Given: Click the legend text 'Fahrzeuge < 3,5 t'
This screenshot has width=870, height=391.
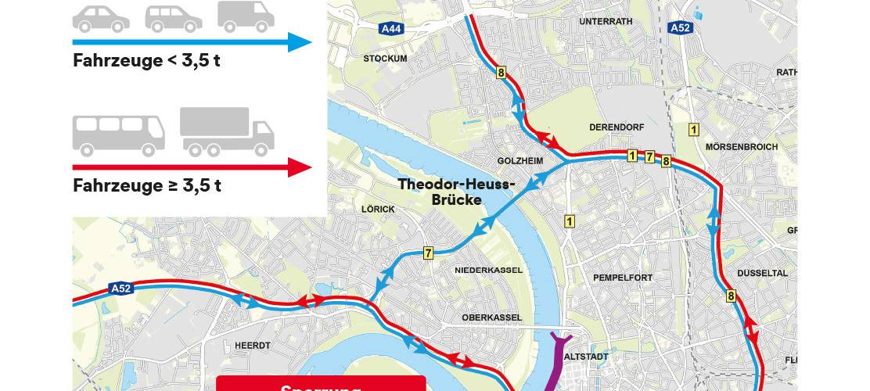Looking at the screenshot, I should [x=146, y=61].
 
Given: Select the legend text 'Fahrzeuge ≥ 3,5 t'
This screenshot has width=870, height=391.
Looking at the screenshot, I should [x=146, y=186].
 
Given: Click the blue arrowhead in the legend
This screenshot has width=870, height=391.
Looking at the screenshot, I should [x=300, y=41].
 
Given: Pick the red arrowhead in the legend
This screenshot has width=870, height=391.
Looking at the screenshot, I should [x=300, y=167].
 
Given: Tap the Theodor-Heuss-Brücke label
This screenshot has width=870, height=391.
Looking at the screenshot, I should [x=457, y=192].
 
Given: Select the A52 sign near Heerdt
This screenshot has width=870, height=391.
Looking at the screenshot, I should [x=121, y=289].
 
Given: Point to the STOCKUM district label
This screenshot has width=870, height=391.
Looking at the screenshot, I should [x=385, y=59].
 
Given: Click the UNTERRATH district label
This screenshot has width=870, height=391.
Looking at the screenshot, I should [x=605, y=22].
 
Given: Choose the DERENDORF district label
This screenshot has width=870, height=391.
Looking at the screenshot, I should [x=616, y=127].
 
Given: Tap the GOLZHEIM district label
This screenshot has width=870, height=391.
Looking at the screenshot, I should [x=520, y=161].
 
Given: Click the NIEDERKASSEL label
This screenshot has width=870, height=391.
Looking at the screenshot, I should [x=489, y=271].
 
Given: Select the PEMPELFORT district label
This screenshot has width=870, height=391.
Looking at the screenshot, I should [x=622, y=278].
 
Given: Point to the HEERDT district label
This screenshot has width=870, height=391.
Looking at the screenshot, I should [x=252, y=345].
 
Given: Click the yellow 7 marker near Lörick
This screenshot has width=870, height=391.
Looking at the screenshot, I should [x=428, y=253].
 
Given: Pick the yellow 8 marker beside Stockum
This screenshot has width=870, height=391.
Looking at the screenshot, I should [x=501, y=74].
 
